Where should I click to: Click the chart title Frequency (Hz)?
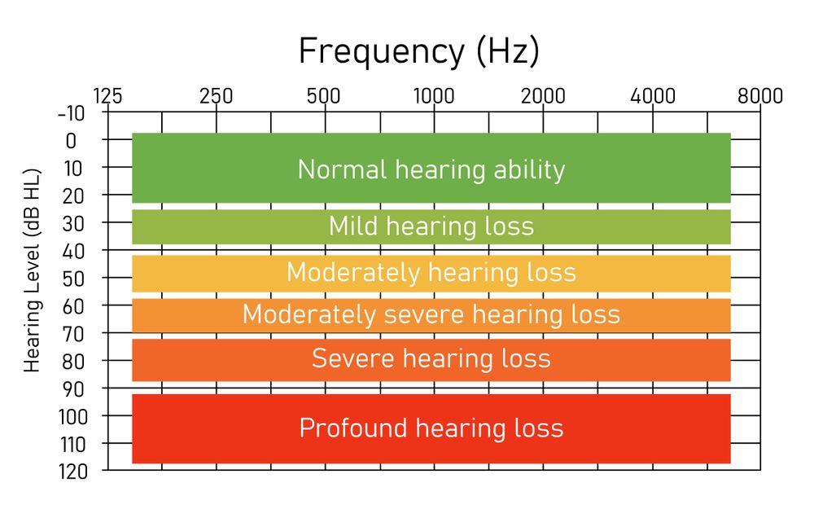coord(418,51)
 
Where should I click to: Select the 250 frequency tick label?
coord(216,96)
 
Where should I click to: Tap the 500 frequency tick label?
coord(324,96)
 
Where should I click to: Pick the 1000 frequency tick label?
coord(434,96)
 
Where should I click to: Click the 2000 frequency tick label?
coord(543,96)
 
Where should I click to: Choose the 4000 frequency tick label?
coord(653,96)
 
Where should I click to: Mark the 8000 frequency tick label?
coord(760,96)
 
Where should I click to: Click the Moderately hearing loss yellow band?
coord(431,272)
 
